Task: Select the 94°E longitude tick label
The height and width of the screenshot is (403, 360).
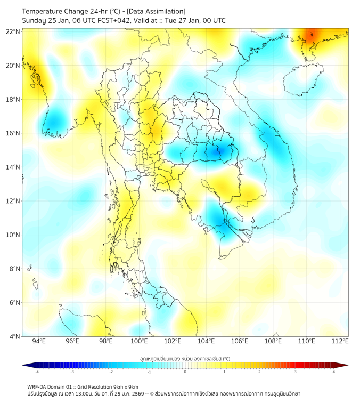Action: coord(39,341)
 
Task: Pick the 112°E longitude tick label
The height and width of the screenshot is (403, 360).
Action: coord(340,341)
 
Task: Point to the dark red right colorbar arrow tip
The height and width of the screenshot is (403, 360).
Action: coord(347,365)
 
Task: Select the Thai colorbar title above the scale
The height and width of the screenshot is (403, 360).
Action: coord(185,358)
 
